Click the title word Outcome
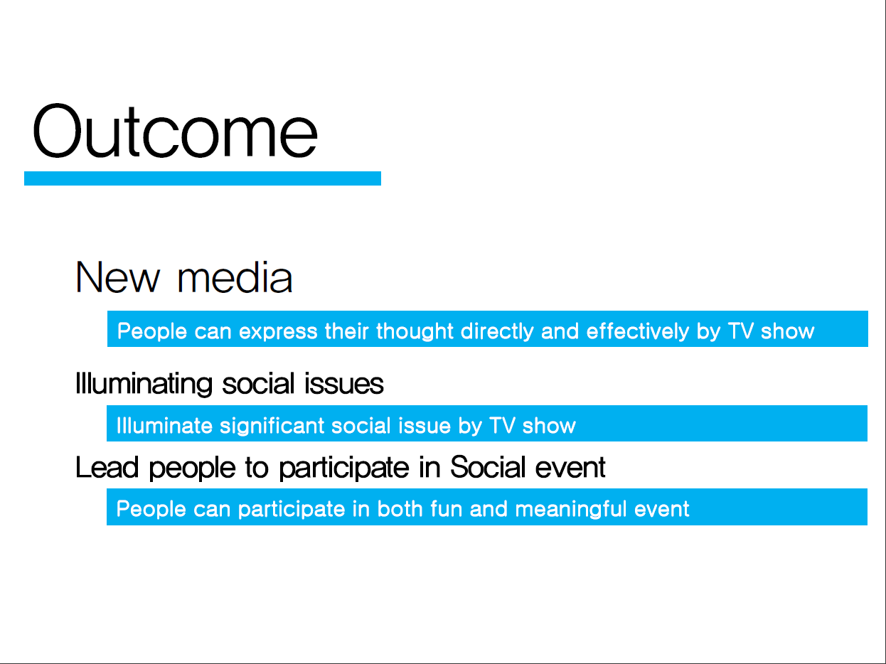pos(175,131)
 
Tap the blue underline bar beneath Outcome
pos(203,178)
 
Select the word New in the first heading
pos(117,277)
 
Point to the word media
pos(235,277)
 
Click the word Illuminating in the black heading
pos(144,384)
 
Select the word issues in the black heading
pos(344,384)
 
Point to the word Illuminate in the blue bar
pos(164,426)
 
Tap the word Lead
pos(107,468)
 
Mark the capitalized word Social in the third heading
pos(488,467)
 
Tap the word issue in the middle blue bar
pos(425,426)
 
